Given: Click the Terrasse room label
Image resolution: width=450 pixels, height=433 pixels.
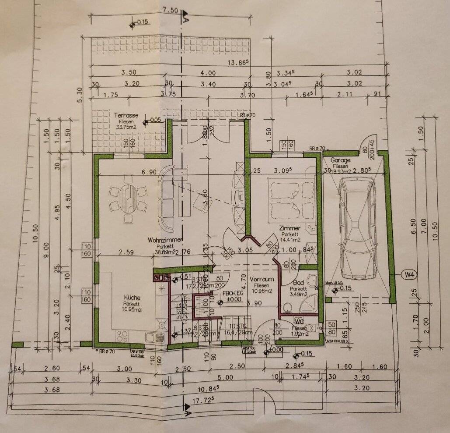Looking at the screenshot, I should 126,115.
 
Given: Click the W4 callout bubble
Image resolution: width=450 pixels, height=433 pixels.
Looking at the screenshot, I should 409,276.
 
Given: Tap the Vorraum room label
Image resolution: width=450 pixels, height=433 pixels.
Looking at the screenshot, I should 262,279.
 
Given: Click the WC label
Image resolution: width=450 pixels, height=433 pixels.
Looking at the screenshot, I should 300,321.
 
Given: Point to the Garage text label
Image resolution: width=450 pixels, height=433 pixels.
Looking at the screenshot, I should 341,160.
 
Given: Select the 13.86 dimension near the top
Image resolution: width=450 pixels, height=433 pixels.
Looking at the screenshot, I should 239,63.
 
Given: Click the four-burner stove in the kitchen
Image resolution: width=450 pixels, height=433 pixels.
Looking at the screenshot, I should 122,337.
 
